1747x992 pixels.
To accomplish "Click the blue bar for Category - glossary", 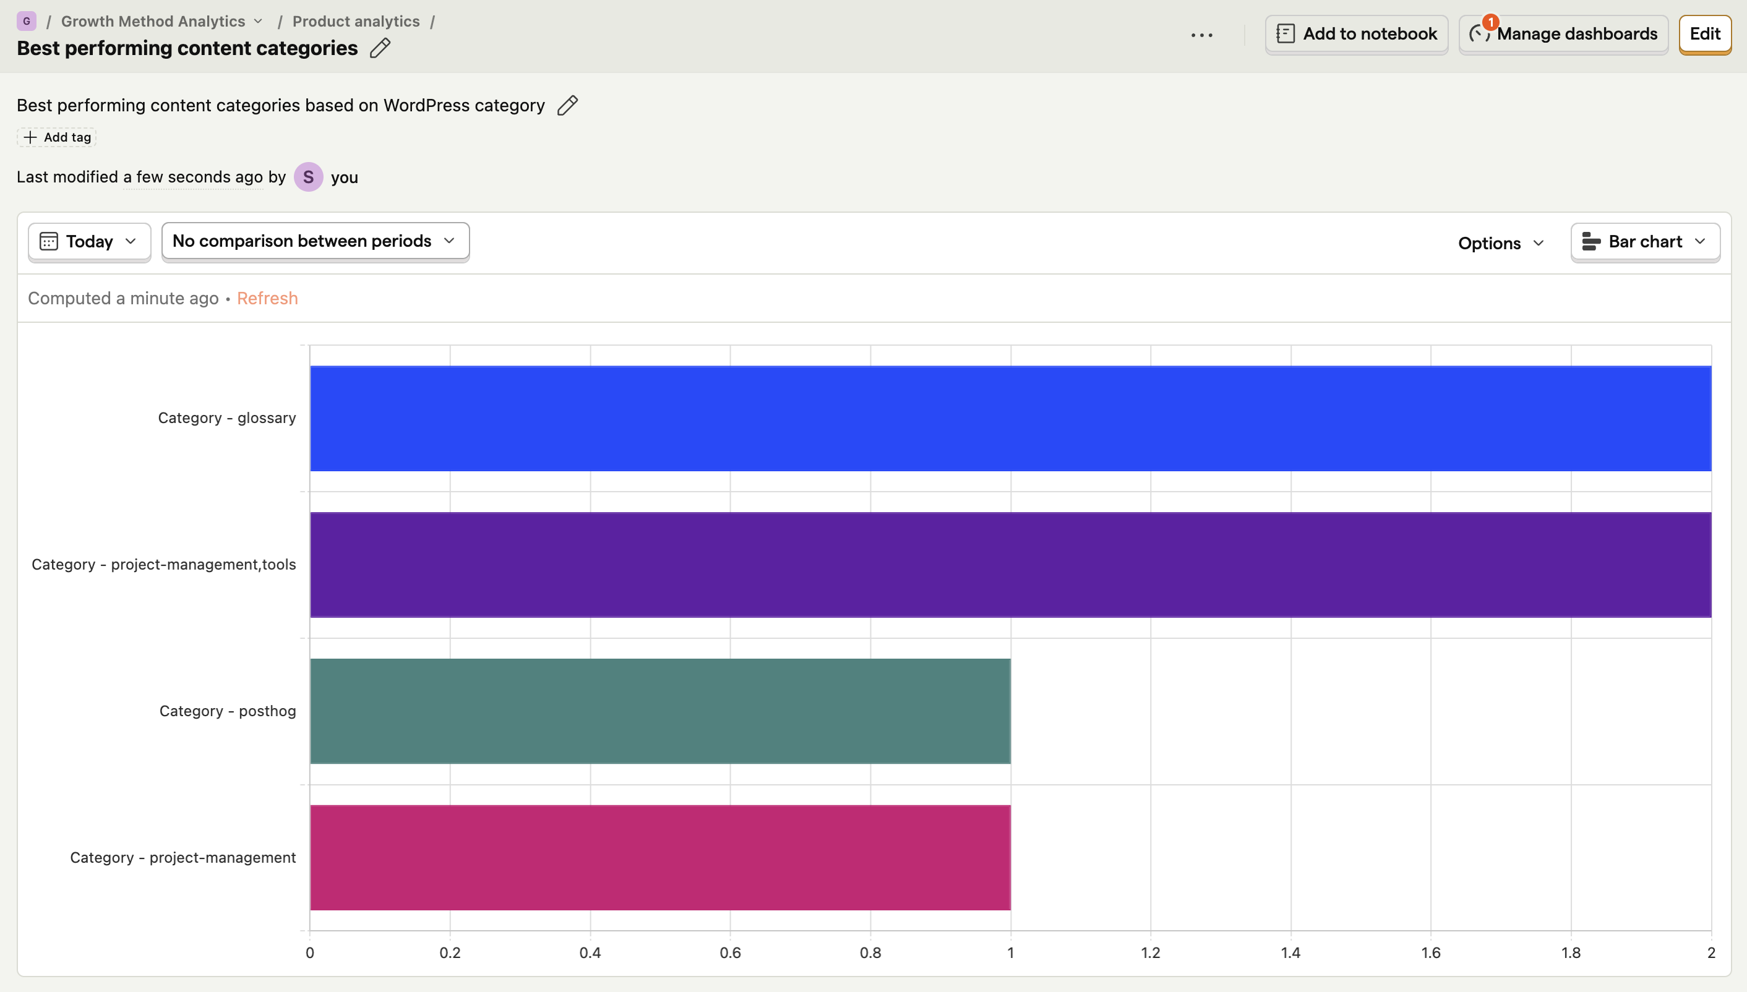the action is pos(1010,418).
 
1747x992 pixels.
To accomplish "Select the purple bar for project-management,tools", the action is pos(1010,565).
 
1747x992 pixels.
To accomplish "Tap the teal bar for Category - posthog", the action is pos(660,711).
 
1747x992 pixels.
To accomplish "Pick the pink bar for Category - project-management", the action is pos(660,857).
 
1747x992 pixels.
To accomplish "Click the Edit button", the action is pos(1705,34).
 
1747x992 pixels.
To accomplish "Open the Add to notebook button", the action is pos(1357,34).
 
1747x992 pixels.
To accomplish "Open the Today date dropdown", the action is pos(89,242).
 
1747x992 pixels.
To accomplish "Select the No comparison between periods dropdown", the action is pos(315,241).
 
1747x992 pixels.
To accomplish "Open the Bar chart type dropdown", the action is pos(1646,242).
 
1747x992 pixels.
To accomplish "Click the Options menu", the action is pos(1501,243).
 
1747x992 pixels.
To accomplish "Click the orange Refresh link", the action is pos(267,299).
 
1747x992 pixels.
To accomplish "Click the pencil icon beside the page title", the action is pos(380,48).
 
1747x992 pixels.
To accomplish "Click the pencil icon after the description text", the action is pos(567,105).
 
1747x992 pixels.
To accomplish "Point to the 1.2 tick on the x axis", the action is pos(1151,952).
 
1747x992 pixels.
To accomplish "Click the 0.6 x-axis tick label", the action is pos(731,952).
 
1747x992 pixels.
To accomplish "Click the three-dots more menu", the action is pos(1202,35).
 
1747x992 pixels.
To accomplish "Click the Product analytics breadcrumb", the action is pos(356,21).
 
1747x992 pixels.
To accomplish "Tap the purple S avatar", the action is pos(309,177).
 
